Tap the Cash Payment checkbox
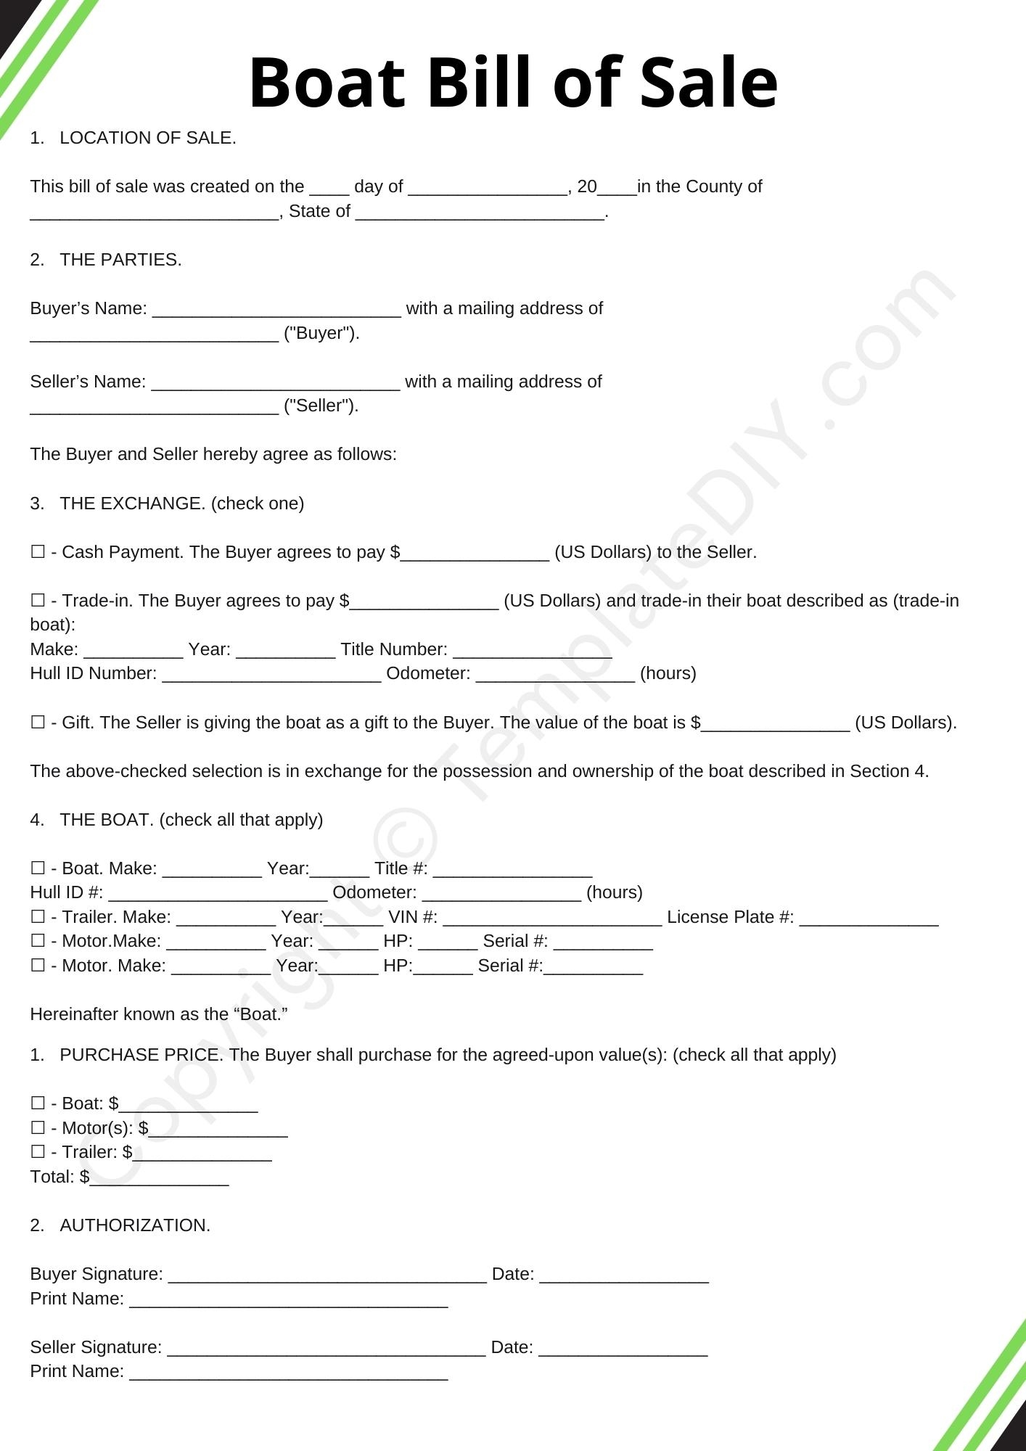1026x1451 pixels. pos(38,552)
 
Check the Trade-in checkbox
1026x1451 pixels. pos(38,601)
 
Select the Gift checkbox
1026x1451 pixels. pos(38,723)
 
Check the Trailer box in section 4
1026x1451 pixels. pos(38,917)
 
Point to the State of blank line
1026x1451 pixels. pos(480,213)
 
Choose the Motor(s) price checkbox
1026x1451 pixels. pos(38,1128)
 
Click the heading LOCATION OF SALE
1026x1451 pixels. pos(147,138)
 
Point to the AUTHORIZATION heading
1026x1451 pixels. pos(135,1225)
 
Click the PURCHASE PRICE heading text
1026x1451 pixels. pos(141,1055)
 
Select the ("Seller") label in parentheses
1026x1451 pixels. pos(321,406)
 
